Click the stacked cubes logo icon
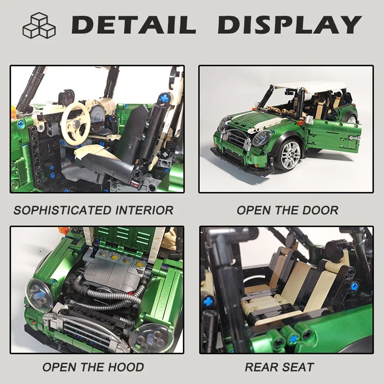[39, 25]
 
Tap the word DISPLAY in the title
[290, 25]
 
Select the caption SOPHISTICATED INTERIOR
[93, 210]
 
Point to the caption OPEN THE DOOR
[287, 210]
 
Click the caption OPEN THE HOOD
[93, 367]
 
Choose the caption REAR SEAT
[280, 367]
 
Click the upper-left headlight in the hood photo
[38, 294]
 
